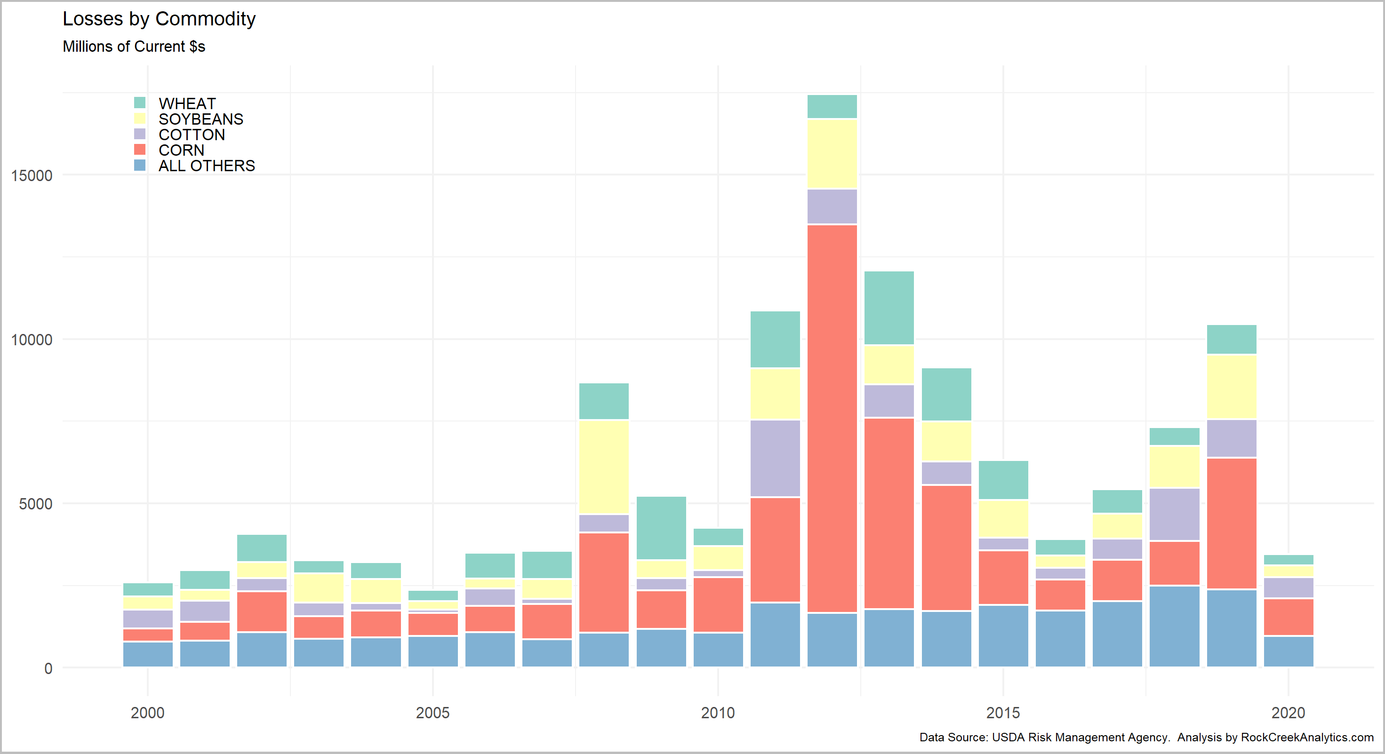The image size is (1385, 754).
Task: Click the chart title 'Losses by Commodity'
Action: pos(159,19)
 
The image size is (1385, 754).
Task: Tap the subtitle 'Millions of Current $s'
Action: pos(134,47)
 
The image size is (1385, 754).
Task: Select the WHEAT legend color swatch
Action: pos(140,103)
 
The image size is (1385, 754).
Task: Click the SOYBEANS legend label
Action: pos(200,119)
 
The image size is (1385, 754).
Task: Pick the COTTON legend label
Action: pos(192,135)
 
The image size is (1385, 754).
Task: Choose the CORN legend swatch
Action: pos(140,150)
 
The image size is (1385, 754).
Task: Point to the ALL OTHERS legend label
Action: pos(207,166)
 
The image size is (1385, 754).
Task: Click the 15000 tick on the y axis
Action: pos(32,176)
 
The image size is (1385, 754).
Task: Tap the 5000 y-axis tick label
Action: pos(35,504)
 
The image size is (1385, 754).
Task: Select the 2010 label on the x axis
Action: pos(718,713)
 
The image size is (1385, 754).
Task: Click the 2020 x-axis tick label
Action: pos(1288,713)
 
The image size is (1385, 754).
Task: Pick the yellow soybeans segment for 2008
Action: pos(604,467)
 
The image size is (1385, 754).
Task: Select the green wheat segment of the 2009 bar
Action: pos(661,528)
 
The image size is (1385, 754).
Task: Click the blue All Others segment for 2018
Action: pos(1174,626)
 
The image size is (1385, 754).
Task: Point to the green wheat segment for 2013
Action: pos(889,308)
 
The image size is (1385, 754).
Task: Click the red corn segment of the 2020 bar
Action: pos(1288,617)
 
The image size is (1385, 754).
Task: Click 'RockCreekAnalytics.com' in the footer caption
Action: pos(1306,738)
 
